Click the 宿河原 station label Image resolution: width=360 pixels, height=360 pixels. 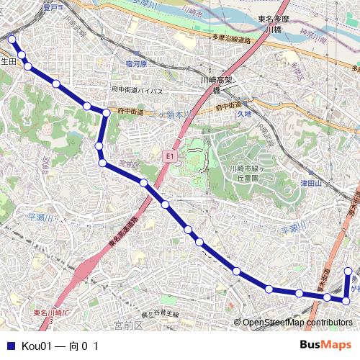pyautogui.click(x=135, y=64)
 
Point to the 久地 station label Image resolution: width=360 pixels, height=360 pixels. pyautogui.click(x=244, y=114)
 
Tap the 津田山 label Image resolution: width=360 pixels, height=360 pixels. pyautogui.click(x=310, y=184)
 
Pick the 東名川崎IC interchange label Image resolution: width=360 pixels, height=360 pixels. pyautogui.click(x=50, y=313)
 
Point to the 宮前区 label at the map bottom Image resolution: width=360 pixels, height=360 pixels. pyautogui.click(x=129, y=326)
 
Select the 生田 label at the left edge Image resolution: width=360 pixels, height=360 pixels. pyautogui.click(x=8, y=62)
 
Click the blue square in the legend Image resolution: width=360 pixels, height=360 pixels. pyautogui.click(x=10, y=346)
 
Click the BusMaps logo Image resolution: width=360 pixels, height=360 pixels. pyautogui.click(x=325, y=346)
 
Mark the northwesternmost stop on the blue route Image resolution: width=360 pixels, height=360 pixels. pyautogui.click(x=12, y=40)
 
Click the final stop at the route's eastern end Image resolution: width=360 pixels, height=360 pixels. pyautogui.click(x=348, y=271)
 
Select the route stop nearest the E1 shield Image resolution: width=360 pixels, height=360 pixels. pyautogui.click(x=144, y=183)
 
